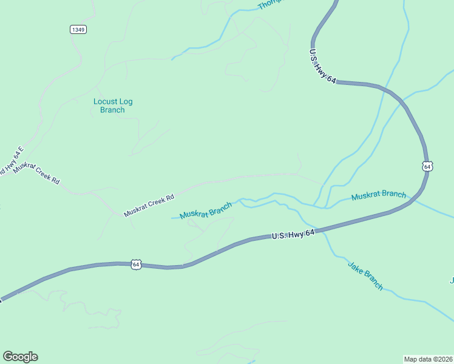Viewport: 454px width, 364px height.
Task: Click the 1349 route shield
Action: pyautogui.click(x=78, y=29)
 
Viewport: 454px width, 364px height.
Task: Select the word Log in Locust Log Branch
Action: pyautogui.click(x=126, y=101)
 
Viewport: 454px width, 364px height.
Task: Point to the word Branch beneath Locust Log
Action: pyautogui.click(x=112, y=110)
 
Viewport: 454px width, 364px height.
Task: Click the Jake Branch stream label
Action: pyautogui.click(x=365, y=275)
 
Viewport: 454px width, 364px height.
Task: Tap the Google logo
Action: pyautogui.click(x=20, y=357)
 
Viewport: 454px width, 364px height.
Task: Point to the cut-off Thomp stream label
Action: pyautogui.click(x=270, y=4)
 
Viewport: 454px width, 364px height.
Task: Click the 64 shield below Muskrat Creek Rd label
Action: pyautogui.click(x=136, y=265)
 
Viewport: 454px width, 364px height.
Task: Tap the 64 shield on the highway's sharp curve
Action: pyautogui.click(x=427, y=166)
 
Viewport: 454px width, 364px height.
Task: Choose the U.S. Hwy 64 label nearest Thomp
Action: pyautogui.click(x=322, y=66)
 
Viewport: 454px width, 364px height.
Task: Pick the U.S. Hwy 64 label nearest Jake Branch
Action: pyautogui.click(x=293, y=233)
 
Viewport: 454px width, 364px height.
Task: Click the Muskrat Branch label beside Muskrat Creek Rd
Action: pyautogui.click(x=206, y=211)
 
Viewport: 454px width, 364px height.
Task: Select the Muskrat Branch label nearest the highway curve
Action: pyautogui.click(x=379, y=195)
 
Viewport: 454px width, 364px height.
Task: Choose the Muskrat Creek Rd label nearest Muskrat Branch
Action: pyautogui.click(x=149, y=205)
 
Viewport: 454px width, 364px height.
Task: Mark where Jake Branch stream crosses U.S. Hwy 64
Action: pyautogui.click(x=320, y=229)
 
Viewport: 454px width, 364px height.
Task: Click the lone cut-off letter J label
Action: pyautogui.click(x=452, y=280)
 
